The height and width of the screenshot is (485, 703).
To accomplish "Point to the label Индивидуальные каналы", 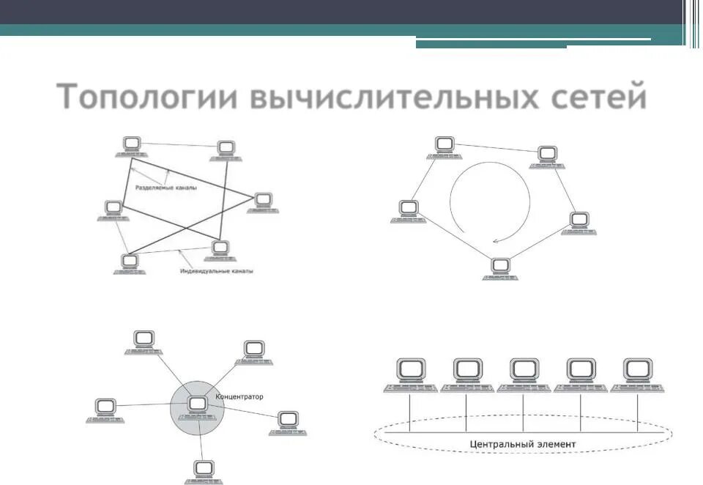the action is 217,271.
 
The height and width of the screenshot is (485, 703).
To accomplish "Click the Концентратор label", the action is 239,396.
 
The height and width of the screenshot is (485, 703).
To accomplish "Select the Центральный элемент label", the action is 523,444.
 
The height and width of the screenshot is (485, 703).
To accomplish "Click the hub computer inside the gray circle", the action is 197,405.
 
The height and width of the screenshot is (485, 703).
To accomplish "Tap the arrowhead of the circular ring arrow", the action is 497,239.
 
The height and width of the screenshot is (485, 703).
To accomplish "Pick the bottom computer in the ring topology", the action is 500,268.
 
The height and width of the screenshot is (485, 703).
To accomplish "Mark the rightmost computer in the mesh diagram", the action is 263,202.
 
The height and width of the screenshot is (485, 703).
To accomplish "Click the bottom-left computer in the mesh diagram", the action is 130,263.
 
